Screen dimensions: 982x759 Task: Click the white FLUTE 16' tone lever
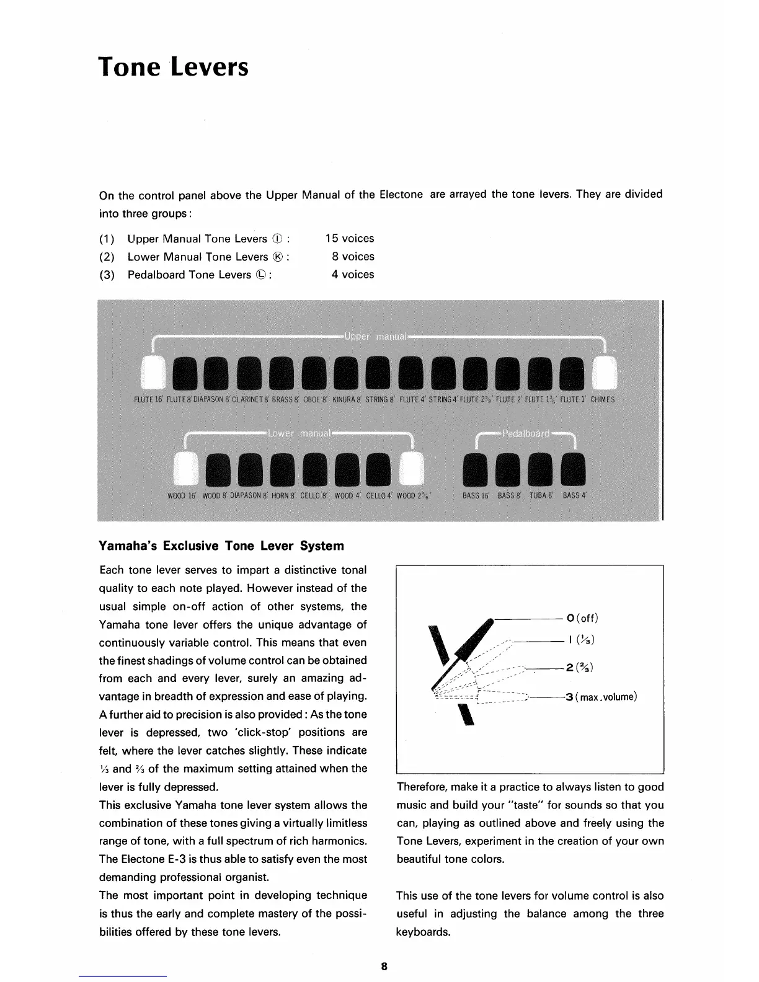(x=151, y=375)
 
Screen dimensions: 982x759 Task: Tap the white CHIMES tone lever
(x=605, y=375)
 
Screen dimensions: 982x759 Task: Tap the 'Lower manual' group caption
(x=301, y=433)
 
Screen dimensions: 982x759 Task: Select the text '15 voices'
(x=350, y=239)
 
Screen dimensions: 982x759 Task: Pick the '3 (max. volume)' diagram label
(x=600, y=697)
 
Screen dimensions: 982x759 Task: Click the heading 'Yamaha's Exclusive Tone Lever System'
(x=221, y=546)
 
